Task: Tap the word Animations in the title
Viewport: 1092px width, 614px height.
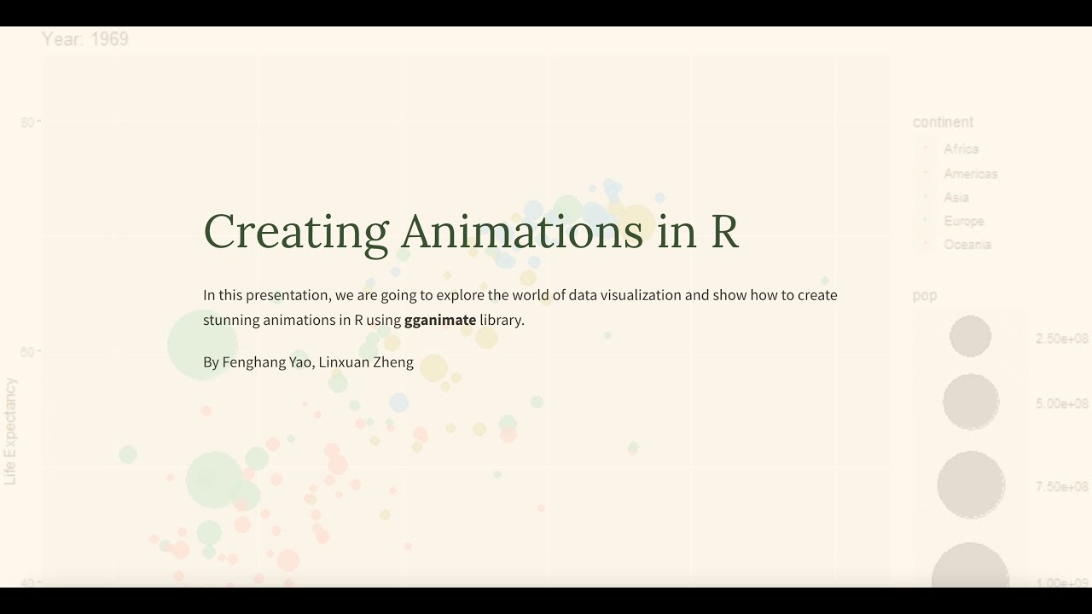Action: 522,231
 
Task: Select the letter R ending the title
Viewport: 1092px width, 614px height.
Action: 724,231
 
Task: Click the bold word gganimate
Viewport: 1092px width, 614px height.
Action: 440,321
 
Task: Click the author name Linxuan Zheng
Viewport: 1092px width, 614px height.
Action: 366,362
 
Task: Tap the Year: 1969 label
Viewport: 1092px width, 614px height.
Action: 85,39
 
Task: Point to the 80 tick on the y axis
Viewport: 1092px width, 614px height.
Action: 27,122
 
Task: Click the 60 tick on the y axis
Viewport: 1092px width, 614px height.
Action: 27,352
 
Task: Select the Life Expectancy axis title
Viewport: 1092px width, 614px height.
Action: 10,432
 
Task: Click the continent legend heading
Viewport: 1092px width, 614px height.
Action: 943,122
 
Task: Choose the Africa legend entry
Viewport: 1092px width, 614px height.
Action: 961,149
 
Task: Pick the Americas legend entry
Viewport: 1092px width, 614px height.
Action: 970,174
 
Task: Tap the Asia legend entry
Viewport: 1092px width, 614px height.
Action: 956,197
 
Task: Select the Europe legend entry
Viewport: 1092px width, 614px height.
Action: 964,221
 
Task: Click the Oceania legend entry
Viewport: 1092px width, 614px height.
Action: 967,245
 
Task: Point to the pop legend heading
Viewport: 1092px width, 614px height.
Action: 925,296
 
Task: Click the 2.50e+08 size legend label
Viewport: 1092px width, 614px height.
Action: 1062,339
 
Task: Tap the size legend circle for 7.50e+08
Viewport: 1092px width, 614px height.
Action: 971,484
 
